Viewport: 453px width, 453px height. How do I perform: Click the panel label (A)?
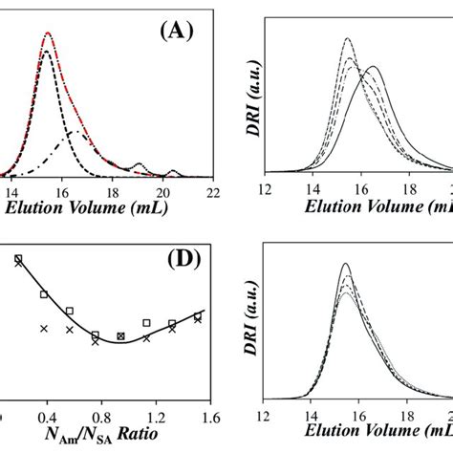pyautogui.click(x=178, y=30)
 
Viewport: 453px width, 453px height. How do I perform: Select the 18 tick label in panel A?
pyautogui.click(x=112, y=189)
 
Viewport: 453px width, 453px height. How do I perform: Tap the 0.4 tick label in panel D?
pyautogui.click(x=44, y=418)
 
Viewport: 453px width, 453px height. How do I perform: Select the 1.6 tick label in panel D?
pyautogui.click(x=210, y=418)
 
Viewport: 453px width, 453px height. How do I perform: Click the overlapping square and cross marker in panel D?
pyautogui.click(x=120, y=336)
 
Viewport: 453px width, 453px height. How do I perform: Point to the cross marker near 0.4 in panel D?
pyautogui.click(x=44, y=328)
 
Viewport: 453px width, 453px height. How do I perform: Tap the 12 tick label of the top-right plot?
pyautogui.click(x=270, y=189)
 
